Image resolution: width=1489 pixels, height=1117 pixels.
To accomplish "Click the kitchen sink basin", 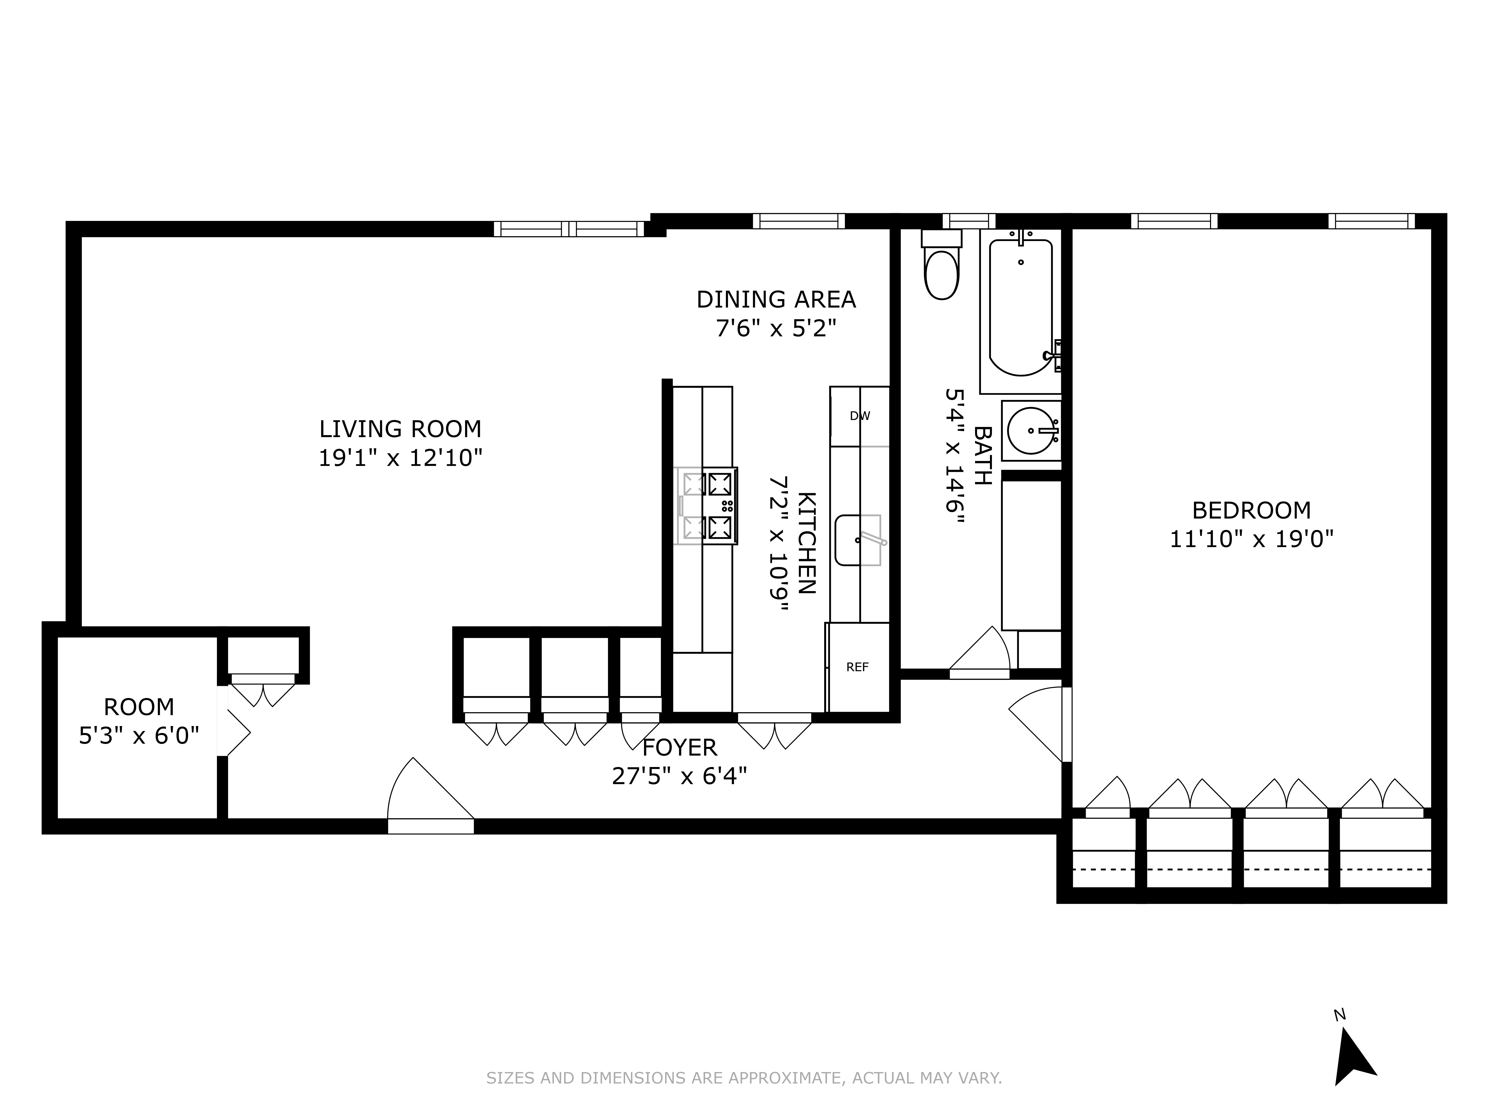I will pyautogui.click(x=858, y=540).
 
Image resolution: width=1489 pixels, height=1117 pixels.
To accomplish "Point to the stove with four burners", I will pyautogui.click(x=707, y=505).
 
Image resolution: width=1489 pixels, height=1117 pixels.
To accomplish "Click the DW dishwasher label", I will pyautogui.click(x=860, y=416).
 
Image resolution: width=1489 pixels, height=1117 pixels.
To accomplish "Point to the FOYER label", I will pyautogui.click(x=679, y=747).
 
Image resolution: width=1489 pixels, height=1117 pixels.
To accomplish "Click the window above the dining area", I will pyautogui.click(x=798, y=221).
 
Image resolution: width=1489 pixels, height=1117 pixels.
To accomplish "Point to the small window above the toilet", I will pyautogui.click(x=968, y=221).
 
